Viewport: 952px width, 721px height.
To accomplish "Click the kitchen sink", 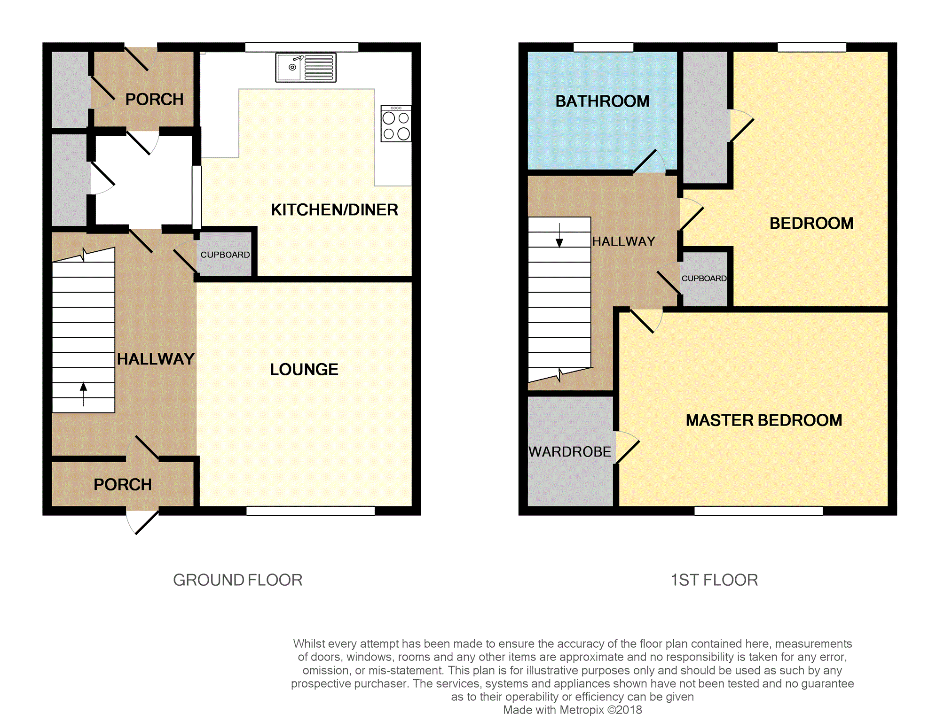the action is [306, 68].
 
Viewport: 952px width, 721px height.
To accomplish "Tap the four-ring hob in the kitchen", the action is [396, 124].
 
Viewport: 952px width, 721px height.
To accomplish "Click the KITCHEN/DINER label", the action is [334, 209].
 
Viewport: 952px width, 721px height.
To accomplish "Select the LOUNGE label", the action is [304, 369].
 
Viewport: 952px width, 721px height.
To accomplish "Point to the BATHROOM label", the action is [602, 101].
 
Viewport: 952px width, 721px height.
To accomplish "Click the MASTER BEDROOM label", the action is [764, 420].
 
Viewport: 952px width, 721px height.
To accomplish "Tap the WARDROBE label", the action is [570, 451].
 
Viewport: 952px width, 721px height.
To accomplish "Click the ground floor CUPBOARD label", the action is [225, 255].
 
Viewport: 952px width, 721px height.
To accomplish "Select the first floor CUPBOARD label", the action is [704, 279].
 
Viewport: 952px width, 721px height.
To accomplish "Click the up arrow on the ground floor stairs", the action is [84, 394].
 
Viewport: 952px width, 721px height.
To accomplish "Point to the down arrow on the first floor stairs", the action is [559, 235].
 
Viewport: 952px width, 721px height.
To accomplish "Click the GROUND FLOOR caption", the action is [238, 580].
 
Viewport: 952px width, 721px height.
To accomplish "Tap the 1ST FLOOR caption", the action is [714, 580].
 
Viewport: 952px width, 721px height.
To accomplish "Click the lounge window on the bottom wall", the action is [310, 511].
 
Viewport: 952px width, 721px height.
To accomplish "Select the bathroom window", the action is [603, 47].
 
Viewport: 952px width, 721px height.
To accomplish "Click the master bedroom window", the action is [758, 511].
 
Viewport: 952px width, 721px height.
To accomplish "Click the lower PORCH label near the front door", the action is [123, 484].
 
